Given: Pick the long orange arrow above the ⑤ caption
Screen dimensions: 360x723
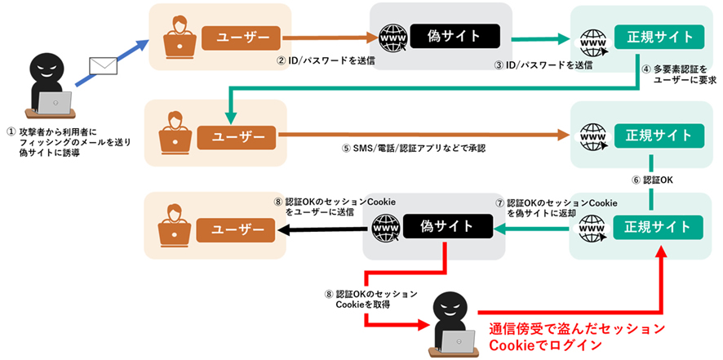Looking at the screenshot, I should pos(424,134).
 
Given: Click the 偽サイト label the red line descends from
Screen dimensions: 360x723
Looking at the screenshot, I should pos(445,226).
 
